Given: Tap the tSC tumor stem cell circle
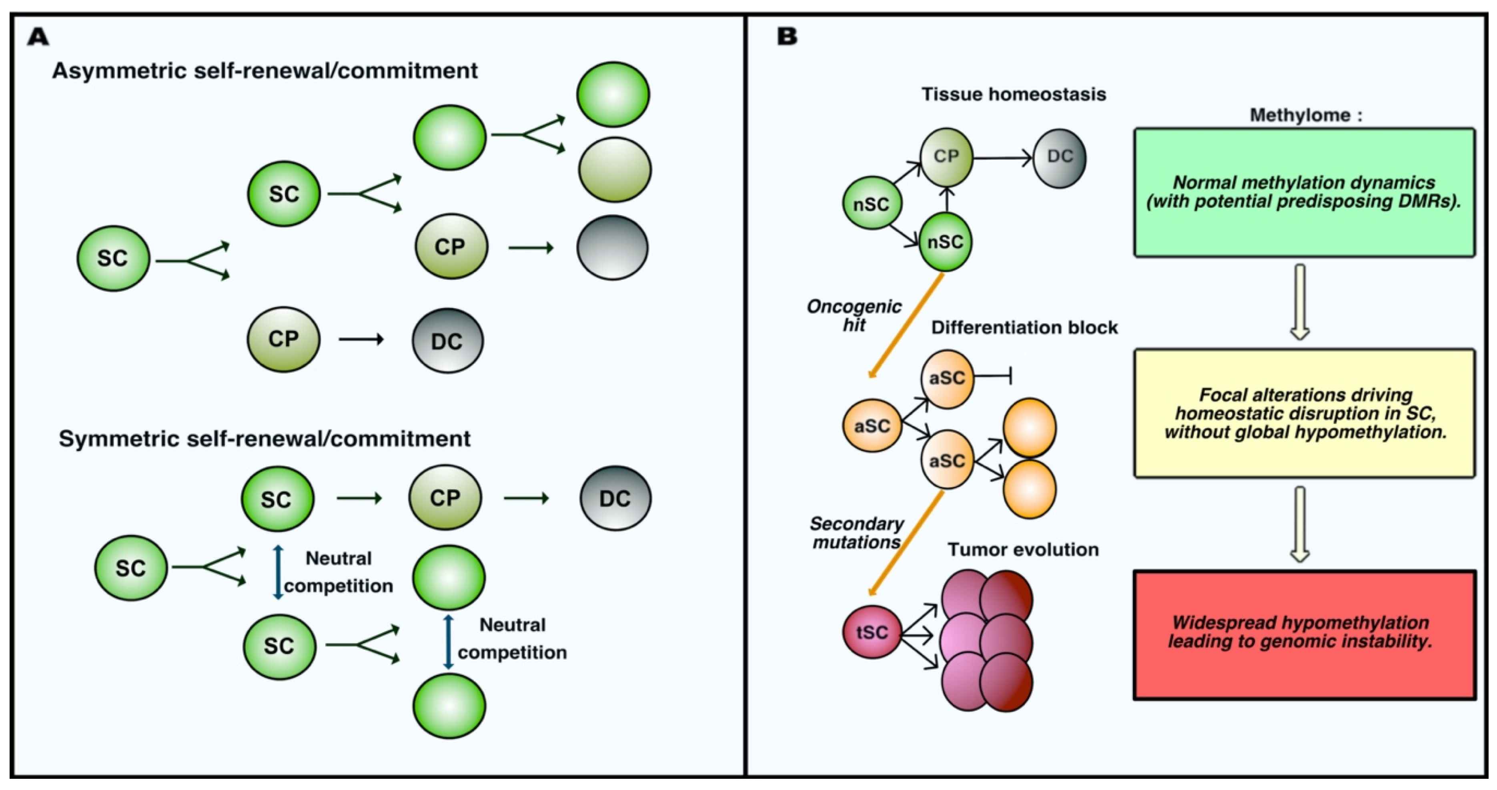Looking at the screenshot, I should click(x=872, y=632).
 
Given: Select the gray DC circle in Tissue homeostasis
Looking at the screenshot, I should click(x=1059, y=158).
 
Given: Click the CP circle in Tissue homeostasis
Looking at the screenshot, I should click(x=946, y=157).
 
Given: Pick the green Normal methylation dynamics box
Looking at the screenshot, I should click(x=1304, y=192).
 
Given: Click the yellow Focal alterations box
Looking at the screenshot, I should click(x=1304, y=413).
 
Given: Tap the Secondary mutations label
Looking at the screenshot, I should click(x=857, y=533).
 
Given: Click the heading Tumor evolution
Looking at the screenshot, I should click(x=1023, y=549).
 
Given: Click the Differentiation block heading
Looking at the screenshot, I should click(x=1024, y=327).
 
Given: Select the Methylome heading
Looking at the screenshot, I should click(x=1305, y=115).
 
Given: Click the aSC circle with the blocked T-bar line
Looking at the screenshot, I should click(x=947, y=379).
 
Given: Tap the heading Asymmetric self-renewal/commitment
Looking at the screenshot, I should click(x=265, y=71).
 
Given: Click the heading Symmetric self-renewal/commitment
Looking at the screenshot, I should click(x=265, y=438).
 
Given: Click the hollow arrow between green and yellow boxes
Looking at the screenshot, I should click(x=1300, y=301).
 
